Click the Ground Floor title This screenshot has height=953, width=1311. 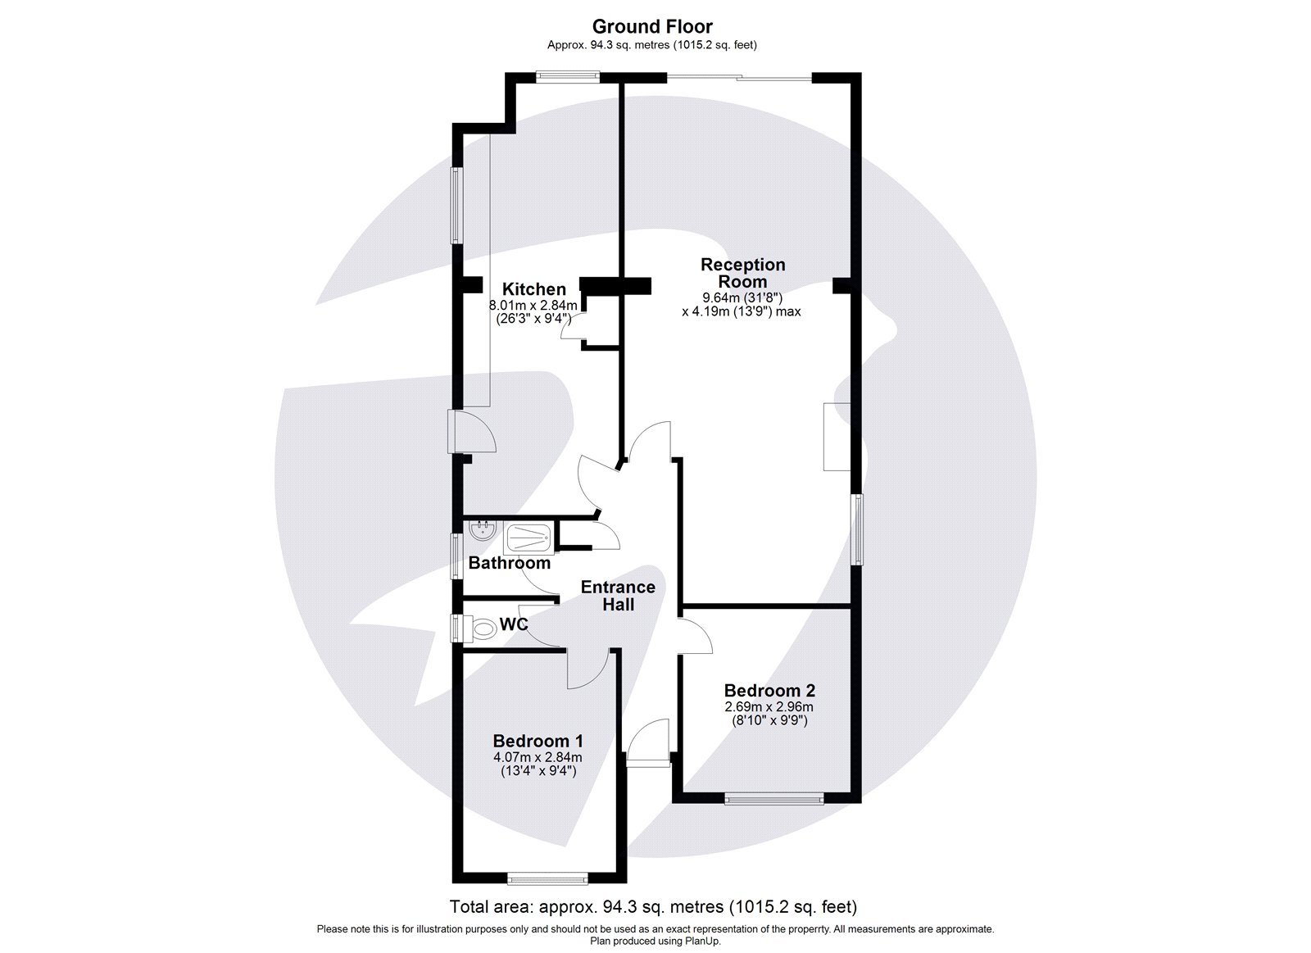[652, 27]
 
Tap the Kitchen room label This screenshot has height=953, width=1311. [533, 289]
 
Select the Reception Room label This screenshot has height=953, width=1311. [742, 273]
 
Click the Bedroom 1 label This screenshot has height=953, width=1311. [538, 741]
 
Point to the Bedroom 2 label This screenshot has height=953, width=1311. [769, 691]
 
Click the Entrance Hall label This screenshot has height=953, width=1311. [618, 596]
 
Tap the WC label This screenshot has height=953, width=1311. [513, 625]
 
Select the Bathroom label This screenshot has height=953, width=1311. [509, 564]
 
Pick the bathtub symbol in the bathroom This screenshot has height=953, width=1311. [528, 539]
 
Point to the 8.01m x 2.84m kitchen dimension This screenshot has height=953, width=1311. [533, 306]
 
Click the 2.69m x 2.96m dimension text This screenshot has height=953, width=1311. [769, 707]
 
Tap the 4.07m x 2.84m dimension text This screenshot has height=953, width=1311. [538, 757]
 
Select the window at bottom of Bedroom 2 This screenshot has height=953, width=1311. [773, 797]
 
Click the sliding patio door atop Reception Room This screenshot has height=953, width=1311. [740, 78]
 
